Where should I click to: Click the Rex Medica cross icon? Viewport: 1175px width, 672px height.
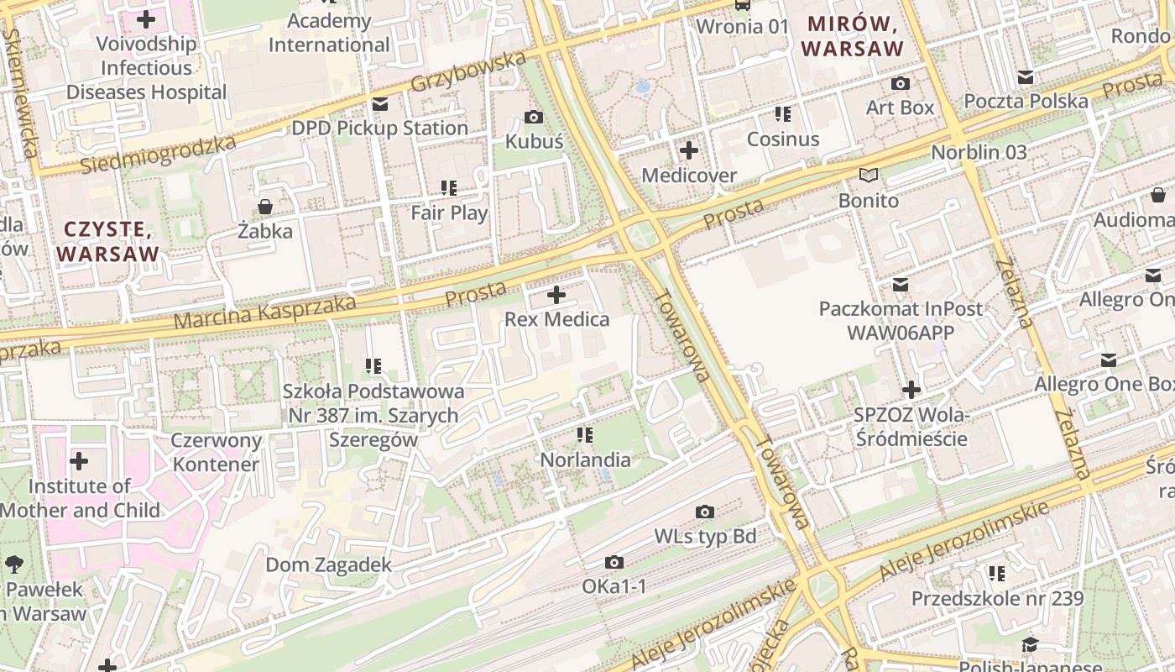pyautogui.click(x=556, y=295)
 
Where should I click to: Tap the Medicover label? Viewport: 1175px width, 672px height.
pyautogui.click(x=689, y=175)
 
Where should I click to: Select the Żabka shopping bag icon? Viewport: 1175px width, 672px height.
pyautogui.click(x=265, y=206)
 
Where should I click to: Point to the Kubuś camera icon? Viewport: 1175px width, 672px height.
pyautogui.click(x=533, y=117)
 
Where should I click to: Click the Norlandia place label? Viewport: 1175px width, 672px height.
pyautogui.click(x=585, y=459)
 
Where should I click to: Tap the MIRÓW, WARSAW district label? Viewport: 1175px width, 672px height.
pyautogui.click(x=852, y=36)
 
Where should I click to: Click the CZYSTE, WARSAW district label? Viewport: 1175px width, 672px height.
pyautogui.click(x=108, y=241)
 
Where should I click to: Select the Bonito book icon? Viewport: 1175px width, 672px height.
pyautogui.click(x=868, y=176)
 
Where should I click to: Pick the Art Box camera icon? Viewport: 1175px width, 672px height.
pyautogui.click(x=900, y=83)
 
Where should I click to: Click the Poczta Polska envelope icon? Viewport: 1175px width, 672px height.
pyautogui.click(x=1026, y=77)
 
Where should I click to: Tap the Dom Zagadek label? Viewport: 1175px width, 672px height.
pyautogui.click(x=328, y=564)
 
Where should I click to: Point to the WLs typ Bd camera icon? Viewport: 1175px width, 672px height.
pyautogui.click(x=705, y=512)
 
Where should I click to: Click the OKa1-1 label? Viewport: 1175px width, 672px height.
pyautogui.click(x=614, y=585)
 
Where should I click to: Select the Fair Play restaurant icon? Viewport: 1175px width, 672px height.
pyautogui.click(x=449, y=188)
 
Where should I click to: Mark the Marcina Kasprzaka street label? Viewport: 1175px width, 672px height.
pyautogui.click(x=264, y=312)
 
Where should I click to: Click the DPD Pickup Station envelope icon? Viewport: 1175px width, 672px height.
pyautogui.click(x=379, y=104)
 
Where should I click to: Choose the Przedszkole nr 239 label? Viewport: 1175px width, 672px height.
pyautogui.click(x=997, y=599)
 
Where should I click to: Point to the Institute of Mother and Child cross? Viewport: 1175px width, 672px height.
pyautogui.click(x=79, y=461)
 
